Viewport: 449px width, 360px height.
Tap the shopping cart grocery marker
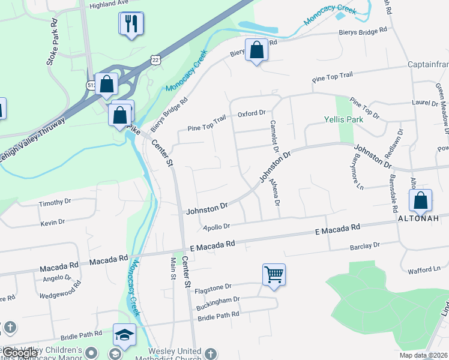coord(274,275)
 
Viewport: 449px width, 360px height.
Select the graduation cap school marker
coord(124,335)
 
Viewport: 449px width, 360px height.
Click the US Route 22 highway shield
coord(155,59)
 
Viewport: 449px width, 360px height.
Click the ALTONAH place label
coord(420,219)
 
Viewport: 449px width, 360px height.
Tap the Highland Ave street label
coord(109,3)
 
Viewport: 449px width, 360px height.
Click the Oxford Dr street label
coord(252,113)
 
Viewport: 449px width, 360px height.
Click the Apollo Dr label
coord(217,227)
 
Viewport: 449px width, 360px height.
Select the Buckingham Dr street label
coord(218,299)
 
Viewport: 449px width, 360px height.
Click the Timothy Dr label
coord(55,203)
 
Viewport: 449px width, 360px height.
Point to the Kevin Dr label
coord(53,223)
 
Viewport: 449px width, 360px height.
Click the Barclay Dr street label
coord(366,245)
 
